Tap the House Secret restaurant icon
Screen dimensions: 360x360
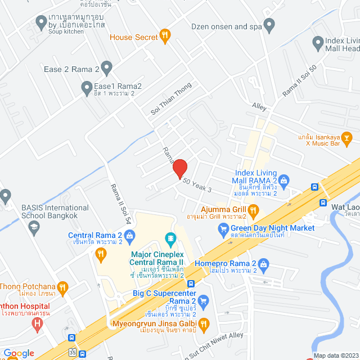pos(165,37)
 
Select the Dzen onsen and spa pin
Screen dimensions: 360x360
pos(269,25)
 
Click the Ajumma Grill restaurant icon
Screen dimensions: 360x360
pos(254,211)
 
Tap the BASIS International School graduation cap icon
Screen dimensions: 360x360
pos(34,227)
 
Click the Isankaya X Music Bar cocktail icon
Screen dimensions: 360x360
pos(347,136)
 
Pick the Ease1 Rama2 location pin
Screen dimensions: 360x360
pos(87,87)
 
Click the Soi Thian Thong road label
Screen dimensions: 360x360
pos(171,99)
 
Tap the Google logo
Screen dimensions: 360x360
pos(19,353)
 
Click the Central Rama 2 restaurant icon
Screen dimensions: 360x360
pos(101,255)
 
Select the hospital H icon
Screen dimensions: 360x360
pos(38,323)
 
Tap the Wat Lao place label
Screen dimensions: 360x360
pos(345,206)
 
